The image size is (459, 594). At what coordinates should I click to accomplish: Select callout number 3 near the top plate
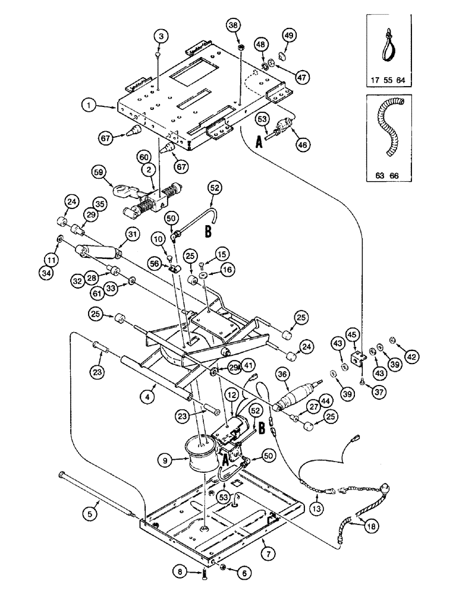click(x=160, y=36)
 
